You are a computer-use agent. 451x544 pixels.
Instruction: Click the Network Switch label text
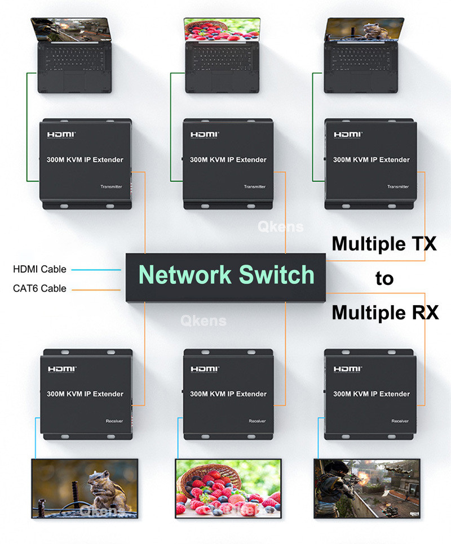(x=226, y=274)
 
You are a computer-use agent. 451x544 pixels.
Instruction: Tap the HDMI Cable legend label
(x=39, y=269)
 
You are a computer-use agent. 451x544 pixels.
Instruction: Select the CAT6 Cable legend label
(x=39, y=288)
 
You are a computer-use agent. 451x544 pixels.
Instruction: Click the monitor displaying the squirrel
(x=85, y=488)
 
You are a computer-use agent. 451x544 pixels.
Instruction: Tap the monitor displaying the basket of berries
(x=228, y=488)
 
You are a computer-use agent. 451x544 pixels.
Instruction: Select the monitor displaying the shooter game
(x=367, y=488)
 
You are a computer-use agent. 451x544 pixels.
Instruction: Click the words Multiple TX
(x=384, y=244)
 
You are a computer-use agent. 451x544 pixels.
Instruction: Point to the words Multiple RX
(x=385, y=311)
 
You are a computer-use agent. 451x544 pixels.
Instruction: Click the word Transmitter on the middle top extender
(x=254, y=187)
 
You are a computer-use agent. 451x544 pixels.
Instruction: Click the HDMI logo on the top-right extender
(x=348, y=135)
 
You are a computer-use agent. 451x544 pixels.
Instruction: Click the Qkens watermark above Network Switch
(x=281, y=227)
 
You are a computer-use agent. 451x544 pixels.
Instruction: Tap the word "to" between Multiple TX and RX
(x=384, y=278)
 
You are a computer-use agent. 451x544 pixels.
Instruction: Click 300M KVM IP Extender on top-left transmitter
(x=85, y=160)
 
